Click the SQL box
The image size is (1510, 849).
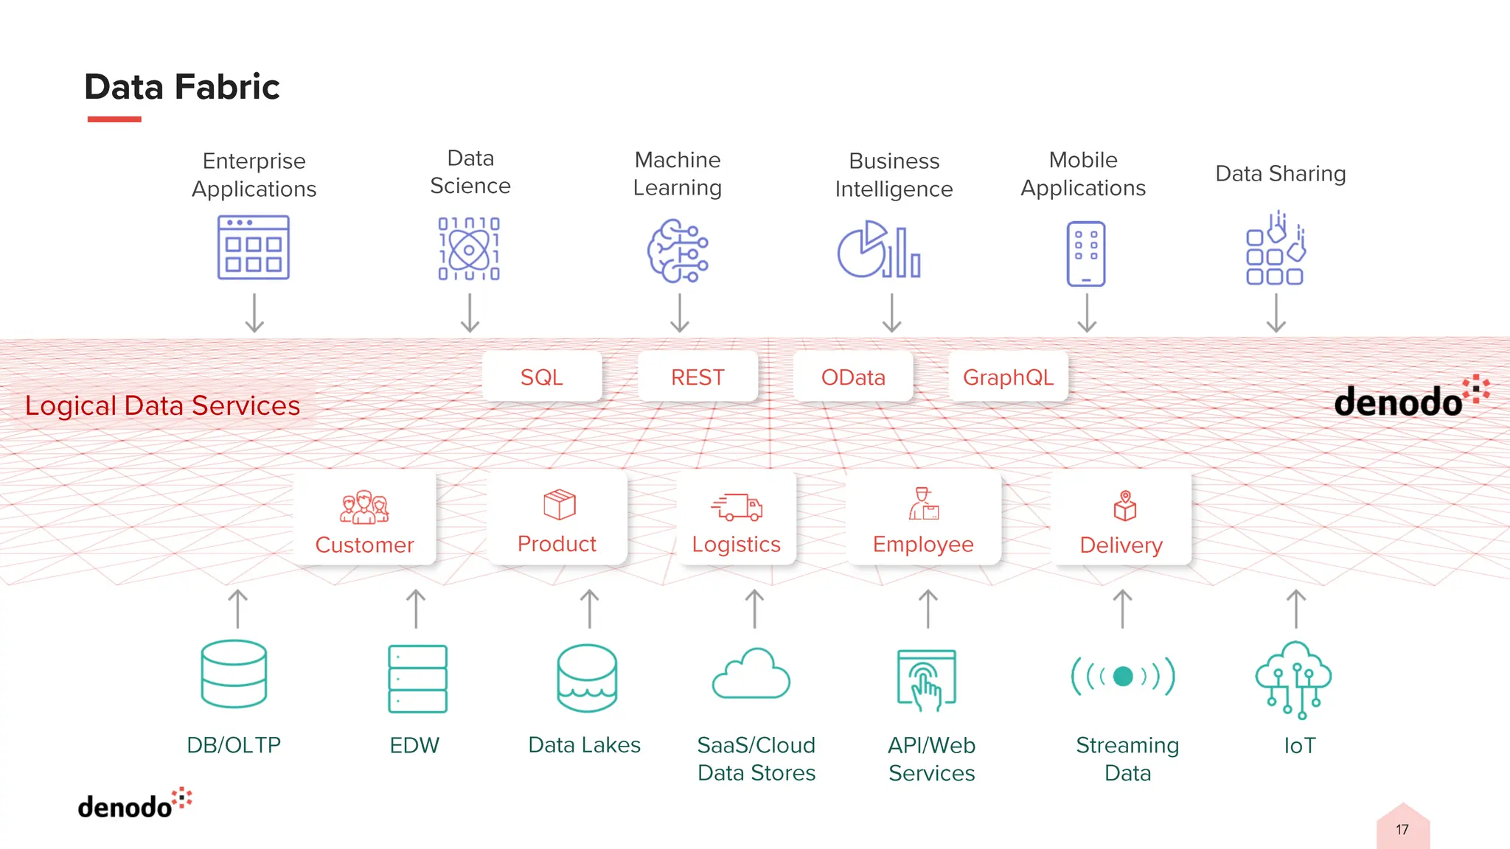pos(542,377)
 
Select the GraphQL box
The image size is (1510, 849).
pos(1008,377)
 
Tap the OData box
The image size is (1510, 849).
pos(853,377)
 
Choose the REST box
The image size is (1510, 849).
pos(697,377)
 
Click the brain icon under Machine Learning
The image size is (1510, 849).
pos(678,251)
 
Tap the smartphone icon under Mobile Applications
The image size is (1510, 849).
pos(1085,253)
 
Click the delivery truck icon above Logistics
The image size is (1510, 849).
pos(737,506)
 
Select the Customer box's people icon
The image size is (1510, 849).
pos(364,507)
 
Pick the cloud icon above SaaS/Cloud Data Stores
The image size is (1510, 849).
pos(751,674)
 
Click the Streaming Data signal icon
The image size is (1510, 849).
pos(1122,676)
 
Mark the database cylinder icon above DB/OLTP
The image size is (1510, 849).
pos(234,674)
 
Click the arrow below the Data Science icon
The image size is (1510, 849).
pos(470,313)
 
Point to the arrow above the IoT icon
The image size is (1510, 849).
pos(1295,608)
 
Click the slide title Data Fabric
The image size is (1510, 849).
pos(182,87)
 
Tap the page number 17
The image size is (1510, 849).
pos(1402,830)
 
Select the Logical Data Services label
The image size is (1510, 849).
pos(162,405)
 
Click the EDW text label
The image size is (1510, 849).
pos(414,745)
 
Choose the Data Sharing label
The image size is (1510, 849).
pos(1280,173)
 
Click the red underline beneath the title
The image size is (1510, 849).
pos(114,119)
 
